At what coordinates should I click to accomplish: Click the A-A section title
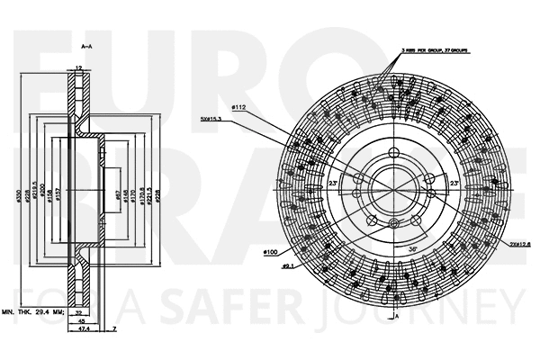click(87, 45)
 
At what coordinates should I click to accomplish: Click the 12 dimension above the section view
click(79, 67)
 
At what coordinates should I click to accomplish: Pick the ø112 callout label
click(238, 108)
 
